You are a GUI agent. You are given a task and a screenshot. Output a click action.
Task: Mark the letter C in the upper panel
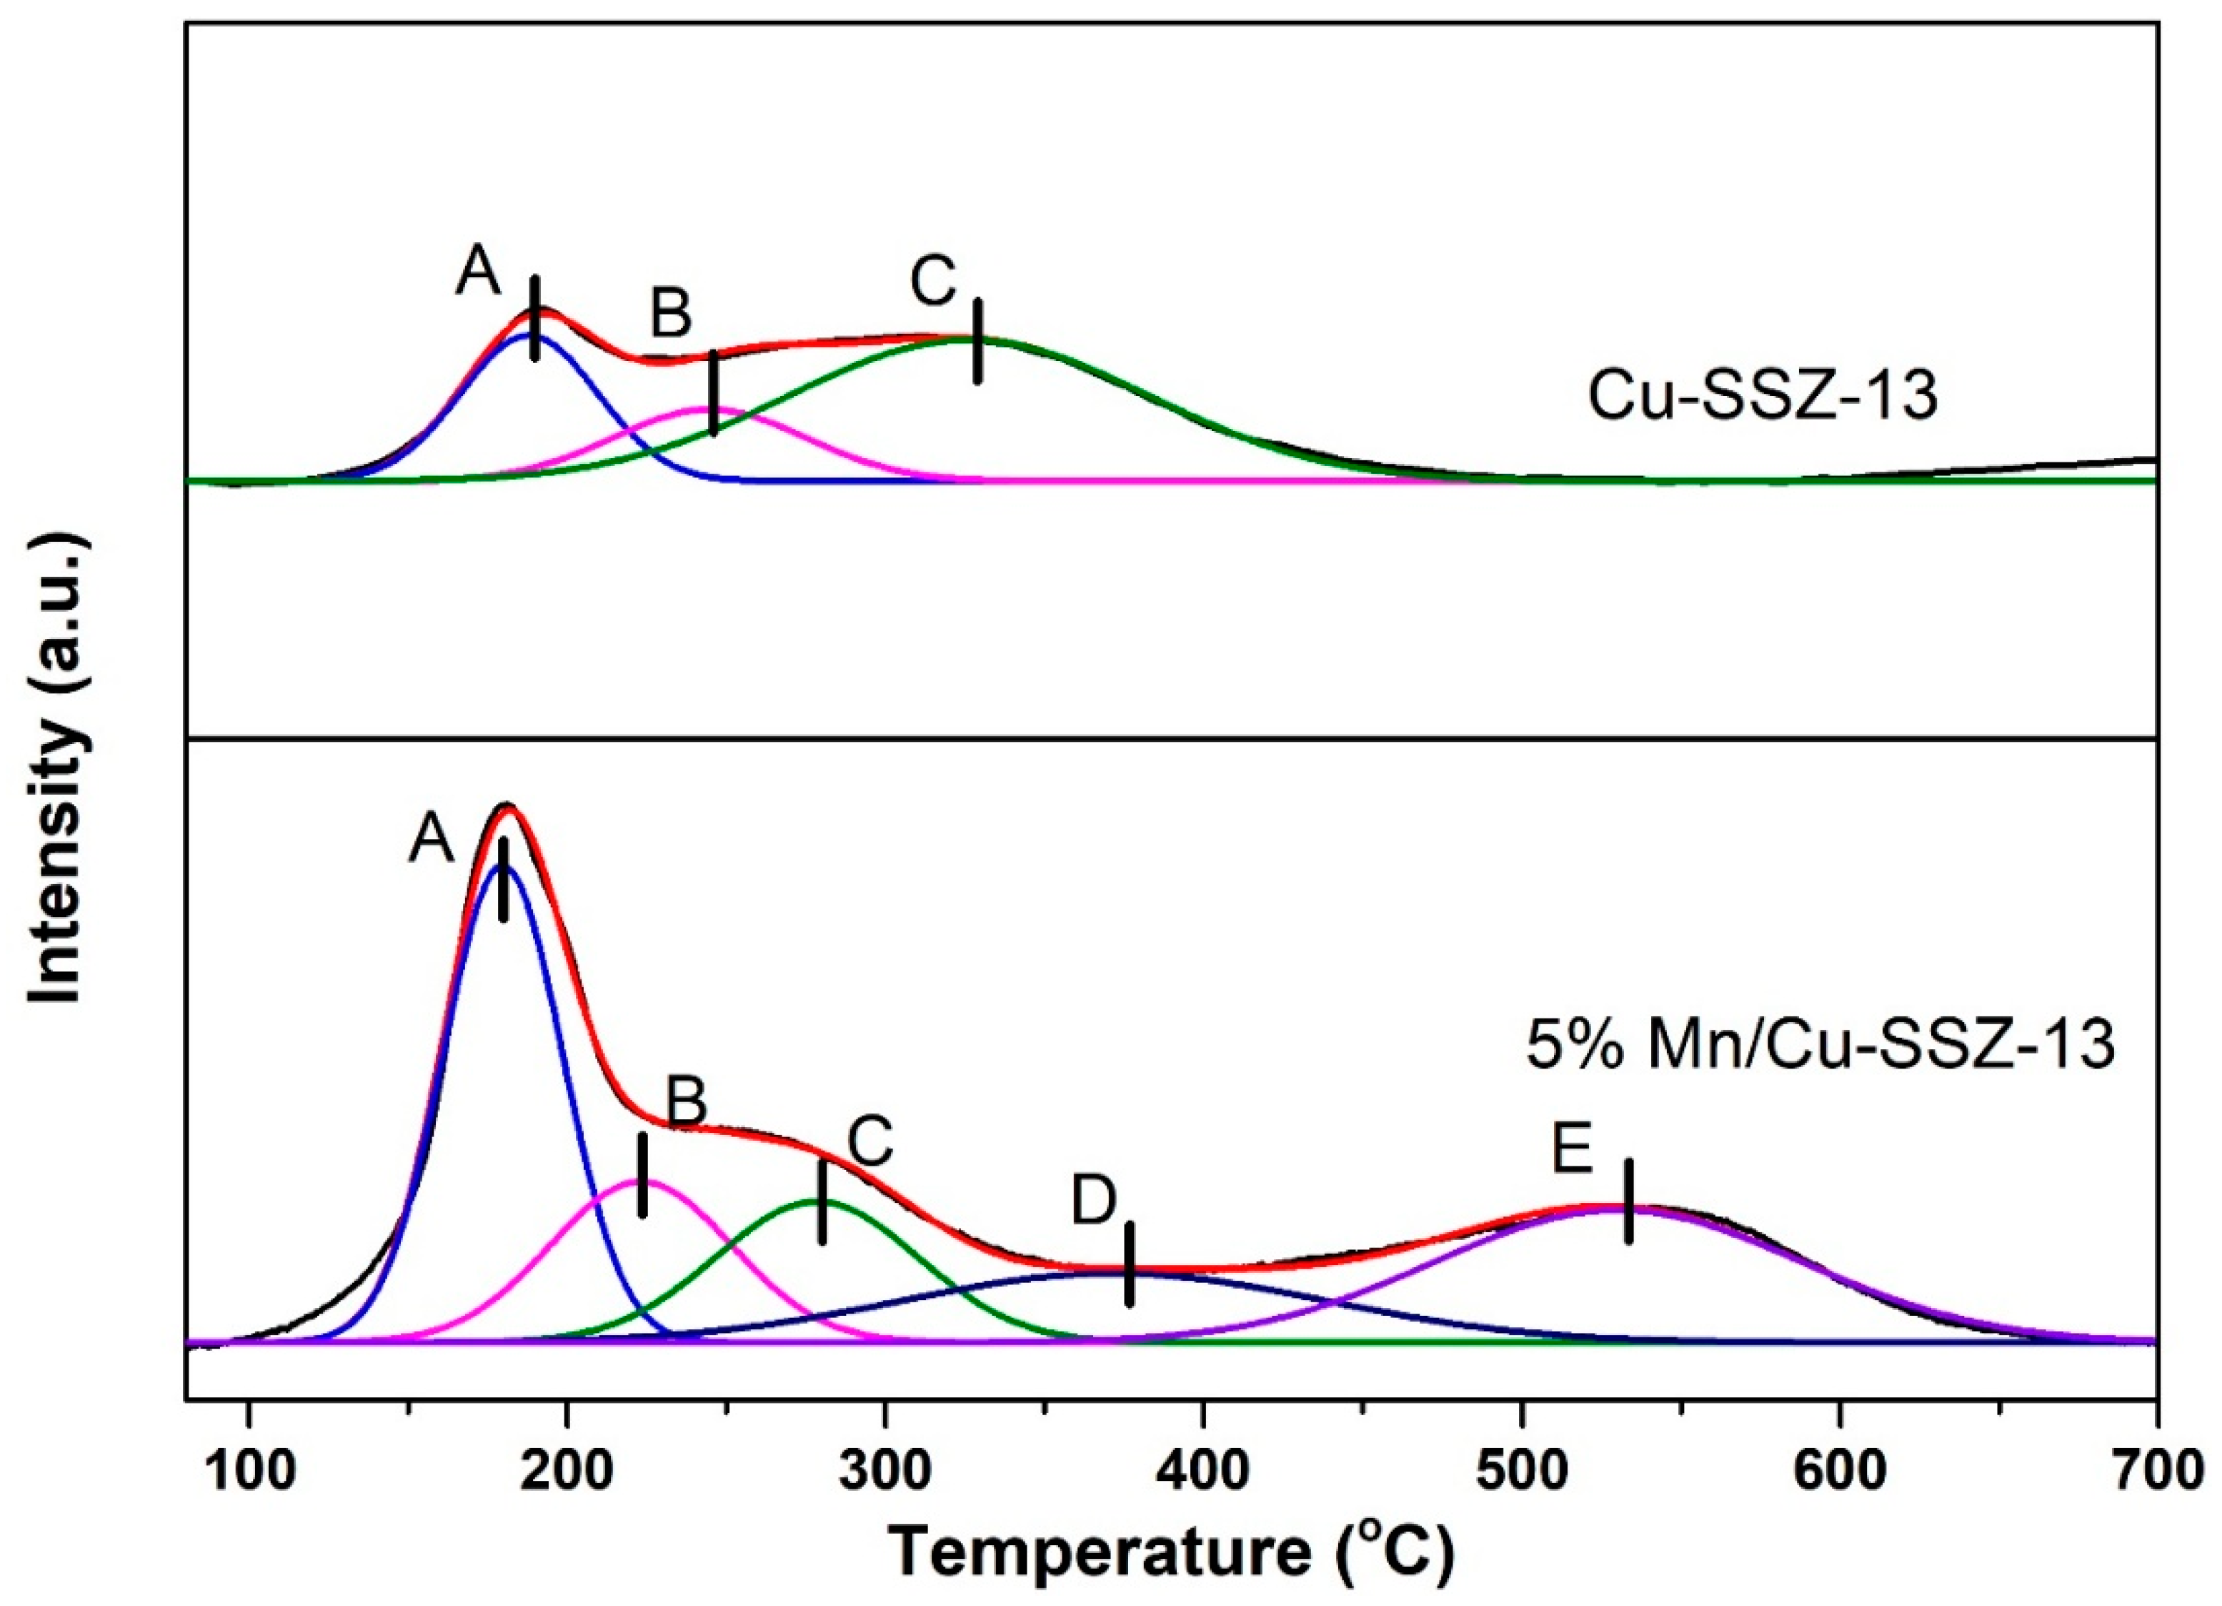pos(932,282)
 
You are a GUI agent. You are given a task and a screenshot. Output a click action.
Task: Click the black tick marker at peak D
pos(1130,1264)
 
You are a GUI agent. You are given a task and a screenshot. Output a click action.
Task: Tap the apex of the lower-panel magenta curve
pos(642,1181)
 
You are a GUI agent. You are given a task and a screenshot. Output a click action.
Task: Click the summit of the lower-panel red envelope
pos(507,806)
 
